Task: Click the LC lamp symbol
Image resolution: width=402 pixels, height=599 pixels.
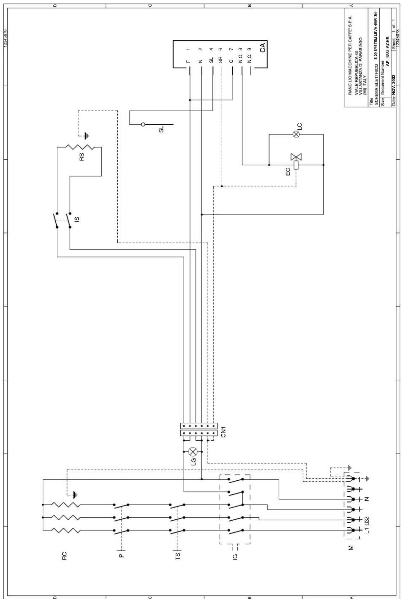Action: (296, 134)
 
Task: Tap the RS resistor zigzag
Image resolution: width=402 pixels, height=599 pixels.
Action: (79, 147)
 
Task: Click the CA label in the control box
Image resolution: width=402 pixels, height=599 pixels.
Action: (262, 48)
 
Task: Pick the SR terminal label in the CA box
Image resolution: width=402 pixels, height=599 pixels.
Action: (221, 60)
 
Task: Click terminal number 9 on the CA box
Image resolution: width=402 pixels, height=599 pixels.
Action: (250, 49)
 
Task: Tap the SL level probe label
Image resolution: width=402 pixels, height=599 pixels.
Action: (162, 129)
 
